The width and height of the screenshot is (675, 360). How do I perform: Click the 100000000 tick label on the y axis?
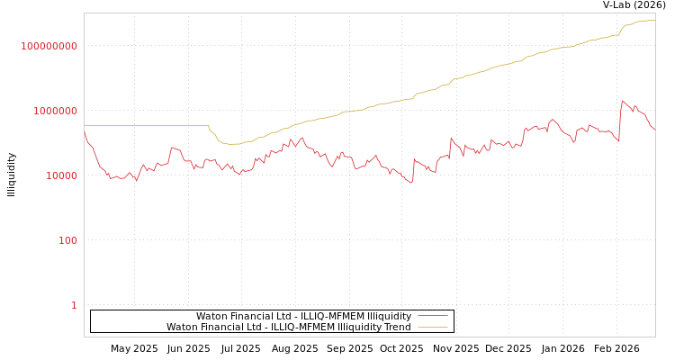coord(49,46)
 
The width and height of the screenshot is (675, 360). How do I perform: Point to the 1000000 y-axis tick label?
coord(56,111)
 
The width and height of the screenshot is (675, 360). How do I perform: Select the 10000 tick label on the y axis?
coord(62,175)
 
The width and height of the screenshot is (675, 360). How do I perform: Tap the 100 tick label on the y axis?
coord(68,240)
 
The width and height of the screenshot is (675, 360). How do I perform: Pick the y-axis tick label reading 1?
coord(74,305)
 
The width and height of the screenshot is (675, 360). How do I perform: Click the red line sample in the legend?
coord(433,317)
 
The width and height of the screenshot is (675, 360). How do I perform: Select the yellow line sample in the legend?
coord(433,328)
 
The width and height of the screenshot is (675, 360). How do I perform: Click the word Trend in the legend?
coord(397,328)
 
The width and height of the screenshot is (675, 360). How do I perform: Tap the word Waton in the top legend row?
coord(211,317)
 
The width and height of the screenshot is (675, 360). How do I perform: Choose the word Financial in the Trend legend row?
coord(220,328)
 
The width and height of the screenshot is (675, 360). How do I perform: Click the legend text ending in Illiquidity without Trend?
coord(303,317)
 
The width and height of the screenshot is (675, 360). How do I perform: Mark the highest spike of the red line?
coord(622,101)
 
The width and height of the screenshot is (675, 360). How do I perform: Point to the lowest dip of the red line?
coord(412,184)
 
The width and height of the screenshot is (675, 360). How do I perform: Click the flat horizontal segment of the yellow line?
coord(144,126)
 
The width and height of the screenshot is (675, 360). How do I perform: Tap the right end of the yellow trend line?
coord(654,20)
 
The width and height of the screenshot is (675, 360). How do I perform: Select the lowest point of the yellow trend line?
coord(232,144)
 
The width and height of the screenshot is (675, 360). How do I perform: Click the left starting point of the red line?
coord(85,132)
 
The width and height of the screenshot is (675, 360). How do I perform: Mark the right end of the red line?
coord(654,130)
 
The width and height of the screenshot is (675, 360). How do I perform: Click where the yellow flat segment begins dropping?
coord(209,127)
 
